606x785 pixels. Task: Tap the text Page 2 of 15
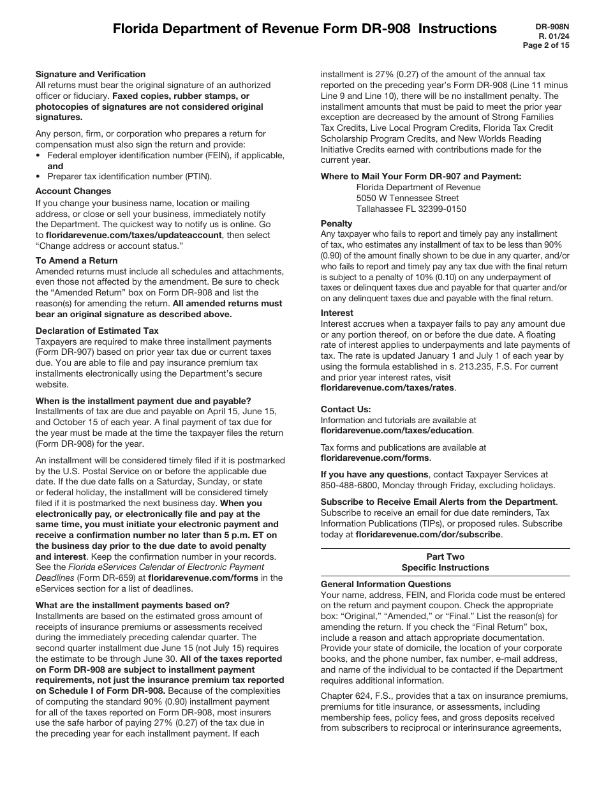coord(546,45)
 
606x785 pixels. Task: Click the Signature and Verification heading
coord(91,74)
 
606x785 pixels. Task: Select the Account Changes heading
coord(73,191)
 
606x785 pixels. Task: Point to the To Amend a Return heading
coord(77,260)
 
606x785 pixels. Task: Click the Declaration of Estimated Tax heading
coord(97,331)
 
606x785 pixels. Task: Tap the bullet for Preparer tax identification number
coord(40,177)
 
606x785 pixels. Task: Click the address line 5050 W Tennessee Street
coord(416,198)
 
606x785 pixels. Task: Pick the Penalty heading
coord(336,223)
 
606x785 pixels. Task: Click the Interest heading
coord(337,313)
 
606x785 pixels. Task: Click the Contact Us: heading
coord(346,409)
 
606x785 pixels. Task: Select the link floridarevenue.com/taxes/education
coord(396,431)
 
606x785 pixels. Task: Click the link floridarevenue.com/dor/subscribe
coord(428,534)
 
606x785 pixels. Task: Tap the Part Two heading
coord(445,557)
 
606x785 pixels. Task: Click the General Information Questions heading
coord(386,584)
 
